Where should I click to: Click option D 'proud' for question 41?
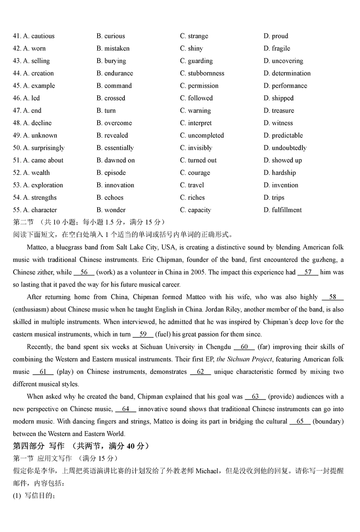pyautogui.click(x=276, y=36)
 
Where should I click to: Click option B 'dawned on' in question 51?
pyautogui.click(x=116, y=160)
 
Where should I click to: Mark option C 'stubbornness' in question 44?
pyautogui.click(x=202, y=73)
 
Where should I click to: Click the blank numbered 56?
pyautogui.click(x=84, y=272)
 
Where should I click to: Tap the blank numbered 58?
pyautogui.click(x=332, y=297)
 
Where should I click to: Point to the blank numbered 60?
pyautogui.click(x=244, y=347)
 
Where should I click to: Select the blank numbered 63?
pyautogui.click(x=255, y=396)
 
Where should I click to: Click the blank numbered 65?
pyautogui.click(x=300, y=421)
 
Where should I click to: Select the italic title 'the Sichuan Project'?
pyautogui.click(x=244, y=359)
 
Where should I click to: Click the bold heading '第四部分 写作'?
pyautogui.click(x=38, y=446)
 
